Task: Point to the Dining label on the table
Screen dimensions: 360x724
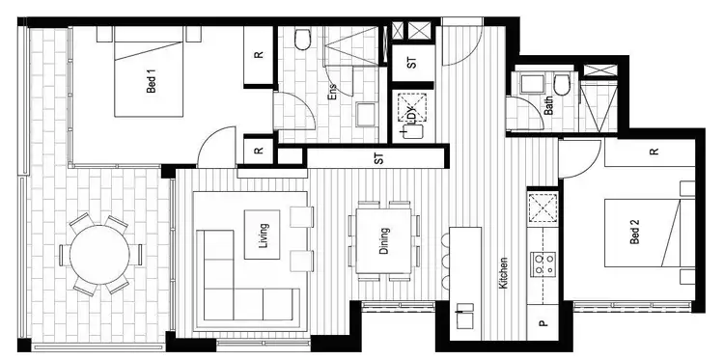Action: [384, 236]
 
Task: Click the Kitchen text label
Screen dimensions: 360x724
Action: [503, 273]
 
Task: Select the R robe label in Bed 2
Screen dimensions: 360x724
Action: [654, 152]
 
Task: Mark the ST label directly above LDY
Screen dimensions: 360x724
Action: [412, 65]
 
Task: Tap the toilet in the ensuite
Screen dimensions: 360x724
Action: [300, 40]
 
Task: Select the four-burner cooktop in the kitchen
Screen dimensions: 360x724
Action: [543, 262]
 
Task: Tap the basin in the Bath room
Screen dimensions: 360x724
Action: [529, 84]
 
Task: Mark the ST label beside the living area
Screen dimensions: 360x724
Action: [378, 158]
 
